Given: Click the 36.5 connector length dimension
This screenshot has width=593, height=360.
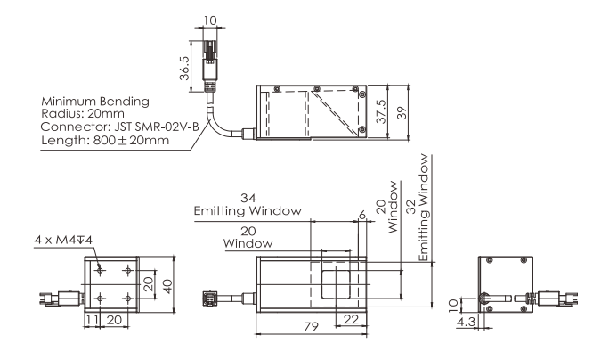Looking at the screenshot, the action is pyautogui.click(x=184, y=68).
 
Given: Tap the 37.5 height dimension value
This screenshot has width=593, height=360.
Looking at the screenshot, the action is pyautogui.click(x=381, y=111).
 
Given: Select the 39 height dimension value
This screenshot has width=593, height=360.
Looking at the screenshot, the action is pyautogui.click(x=402, y=113).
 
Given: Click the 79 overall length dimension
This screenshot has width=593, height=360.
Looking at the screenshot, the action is pyautogui.click(x=312, y=326).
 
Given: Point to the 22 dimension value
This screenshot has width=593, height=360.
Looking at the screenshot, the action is pyautogui.click(x=351, y=320).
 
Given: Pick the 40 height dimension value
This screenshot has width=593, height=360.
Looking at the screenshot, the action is pyautogui.click(x=167, y=285).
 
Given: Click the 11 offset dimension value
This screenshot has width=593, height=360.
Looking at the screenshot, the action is pyautogui.click(x=91, y=320).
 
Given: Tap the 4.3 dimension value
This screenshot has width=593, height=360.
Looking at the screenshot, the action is pyautogui.click(x=466, y=322).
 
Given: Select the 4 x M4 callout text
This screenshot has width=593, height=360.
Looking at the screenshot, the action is pyautogui.click(x=63, y=240).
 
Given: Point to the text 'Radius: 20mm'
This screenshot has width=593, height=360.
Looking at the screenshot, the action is pyautogui.click(x=83, y=113).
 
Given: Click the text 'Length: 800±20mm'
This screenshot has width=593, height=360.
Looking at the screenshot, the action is pyautogui.click(x=105, y=140).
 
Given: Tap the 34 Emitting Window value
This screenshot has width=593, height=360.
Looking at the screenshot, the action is pyautogui.click(x=248, y=198).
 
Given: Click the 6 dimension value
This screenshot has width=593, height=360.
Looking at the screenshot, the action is pyautogui.click(x=362, y=215).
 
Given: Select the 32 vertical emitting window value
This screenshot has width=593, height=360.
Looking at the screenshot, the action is pyautogui.click(x=412, y=207).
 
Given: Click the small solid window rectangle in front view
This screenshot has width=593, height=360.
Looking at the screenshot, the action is pyautogui.click(x=336, y=284).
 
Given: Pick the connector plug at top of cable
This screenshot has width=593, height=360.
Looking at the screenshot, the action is pyautogui.click(x=210, y=63).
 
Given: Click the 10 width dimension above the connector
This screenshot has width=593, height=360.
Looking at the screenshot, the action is pyautogui.click(x=210, y=20).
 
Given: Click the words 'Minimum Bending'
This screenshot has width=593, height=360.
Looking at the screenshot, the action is pyautogui.click(x=95, y=102).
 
